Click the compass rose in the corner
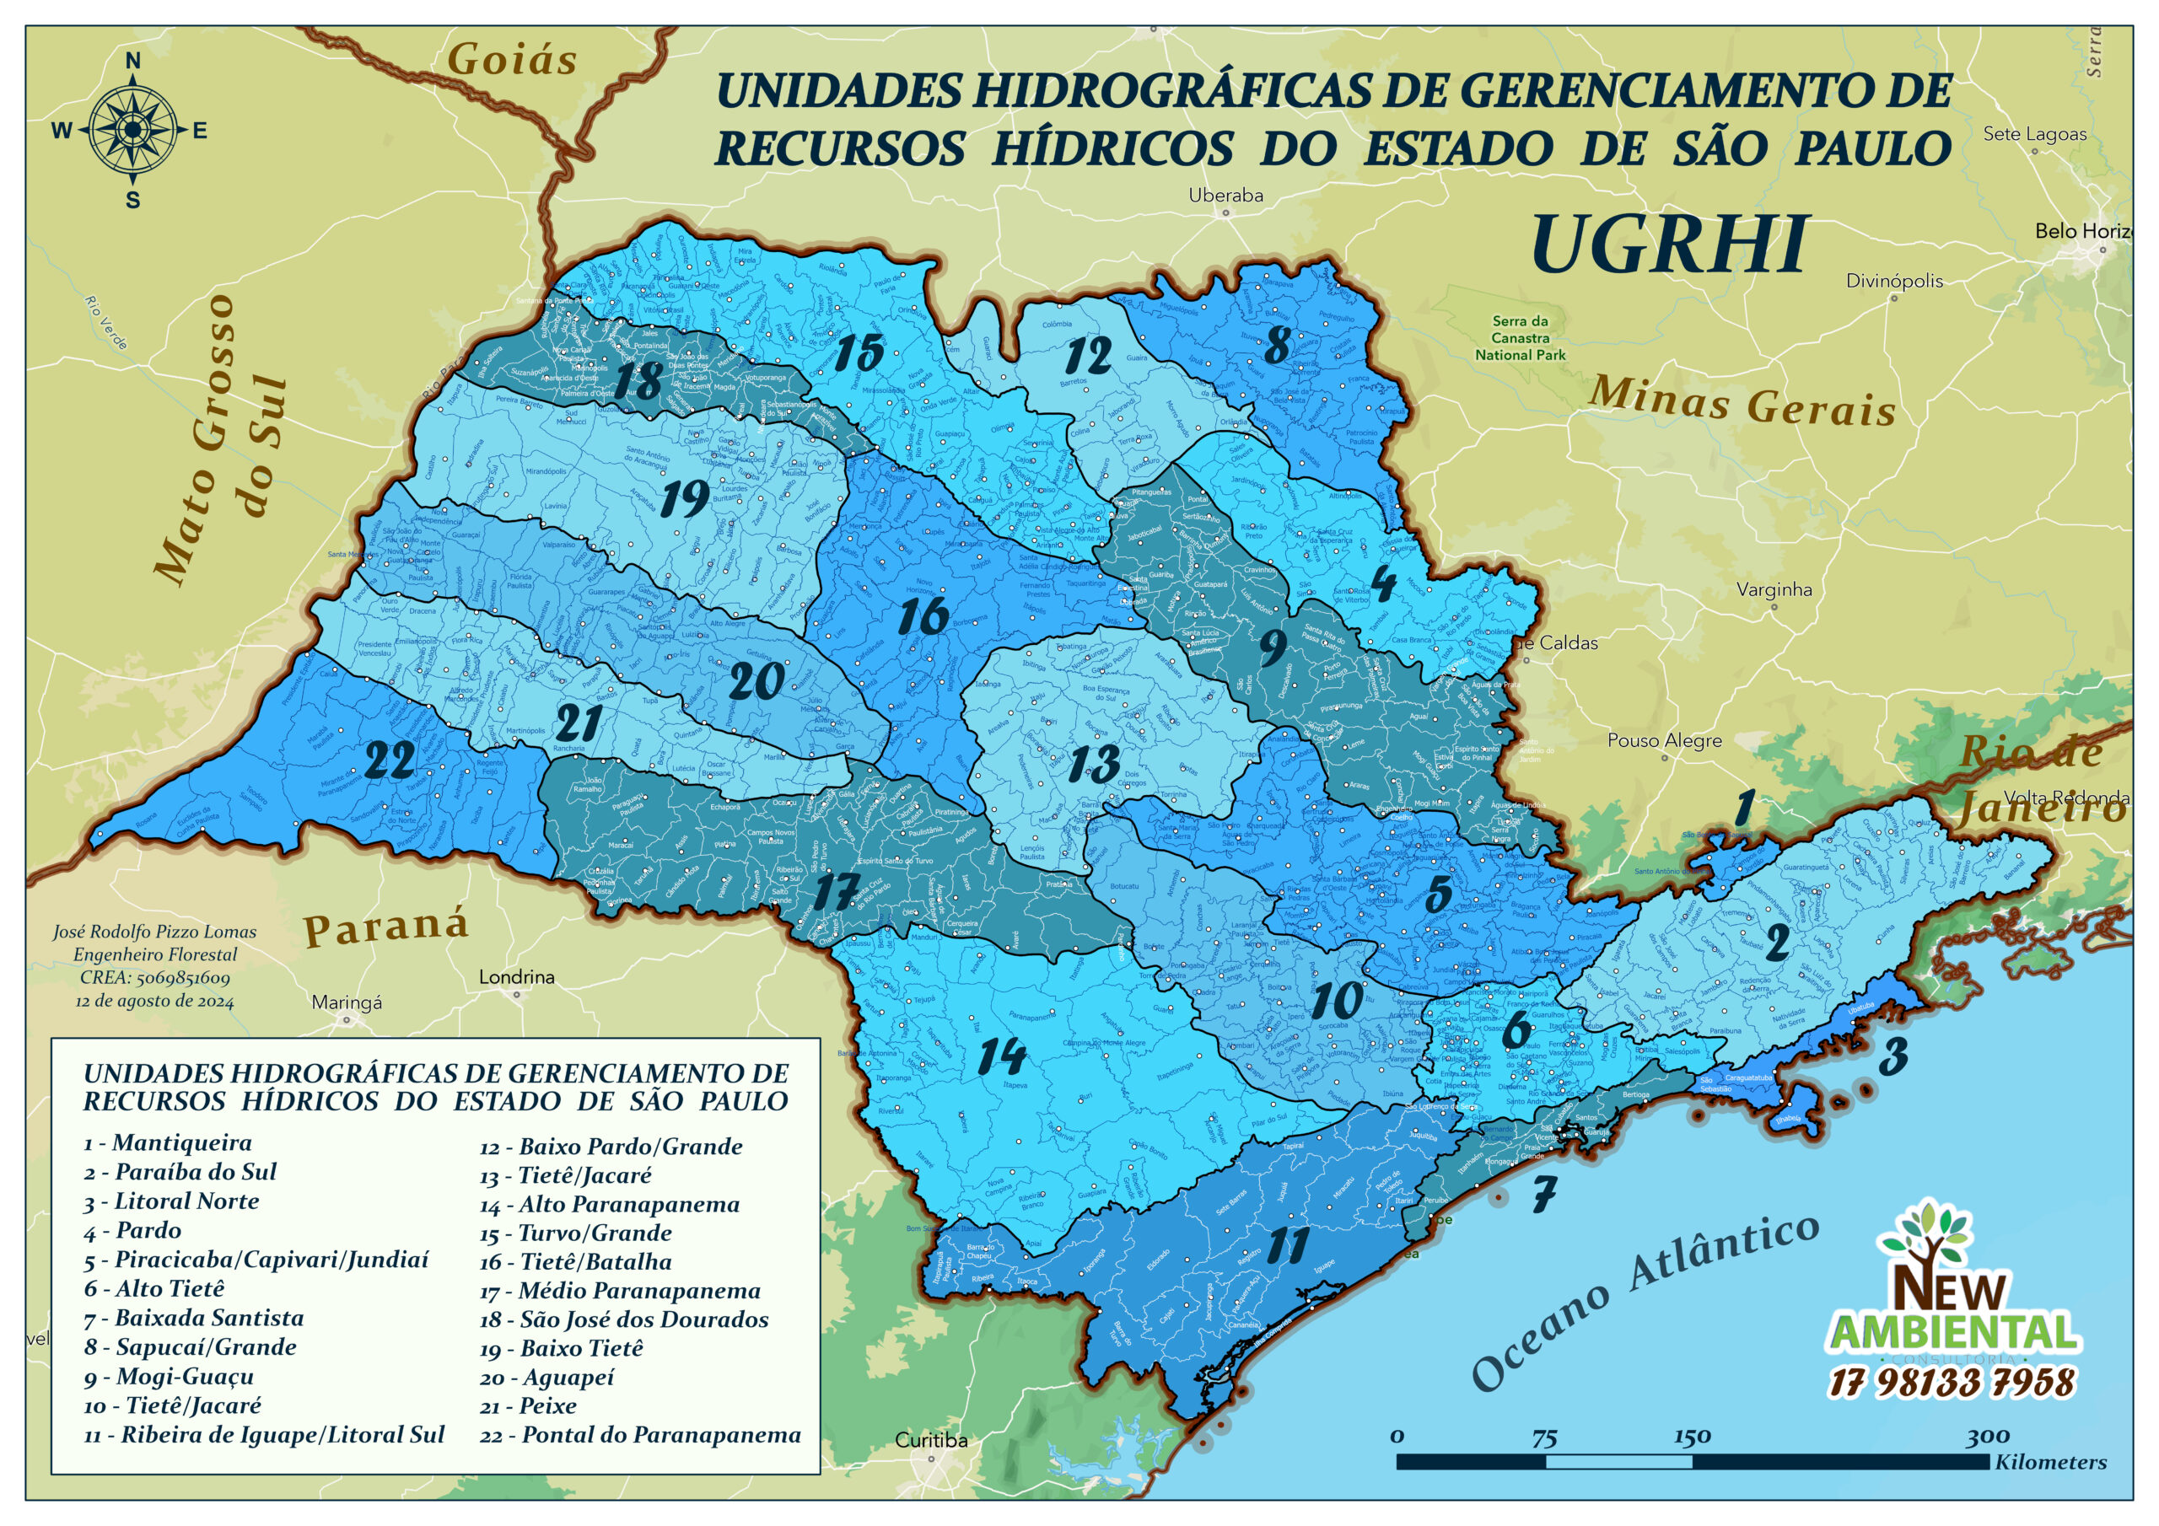(x=132, y=131)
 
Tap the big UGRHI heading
(x=1669, y=244)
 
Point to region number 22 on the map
(x=390, y=760)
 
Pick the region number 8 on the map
(x=1276, y=344)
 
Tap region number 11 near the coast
(x=1287, y=1246)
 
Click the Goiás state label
(x=512, y=60)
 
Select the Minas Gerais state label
(x=1742, y=402)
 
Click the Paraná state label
(x=385, y=927)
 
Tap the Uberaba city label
(x=1225, y=196)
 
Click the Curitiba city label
(x=930, y=1439)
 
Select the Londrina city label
(x=516, y=977)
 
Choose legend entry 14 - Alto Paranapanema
(x=610, y=1205)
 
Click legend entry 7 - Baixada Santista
(x=194, y=1319)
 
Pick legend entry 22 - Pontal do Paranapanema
(x=639, y=1435)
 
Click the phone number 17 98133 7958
(x=1952, y=1382)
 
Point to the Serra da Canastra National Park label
(x=1520, y=337)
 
